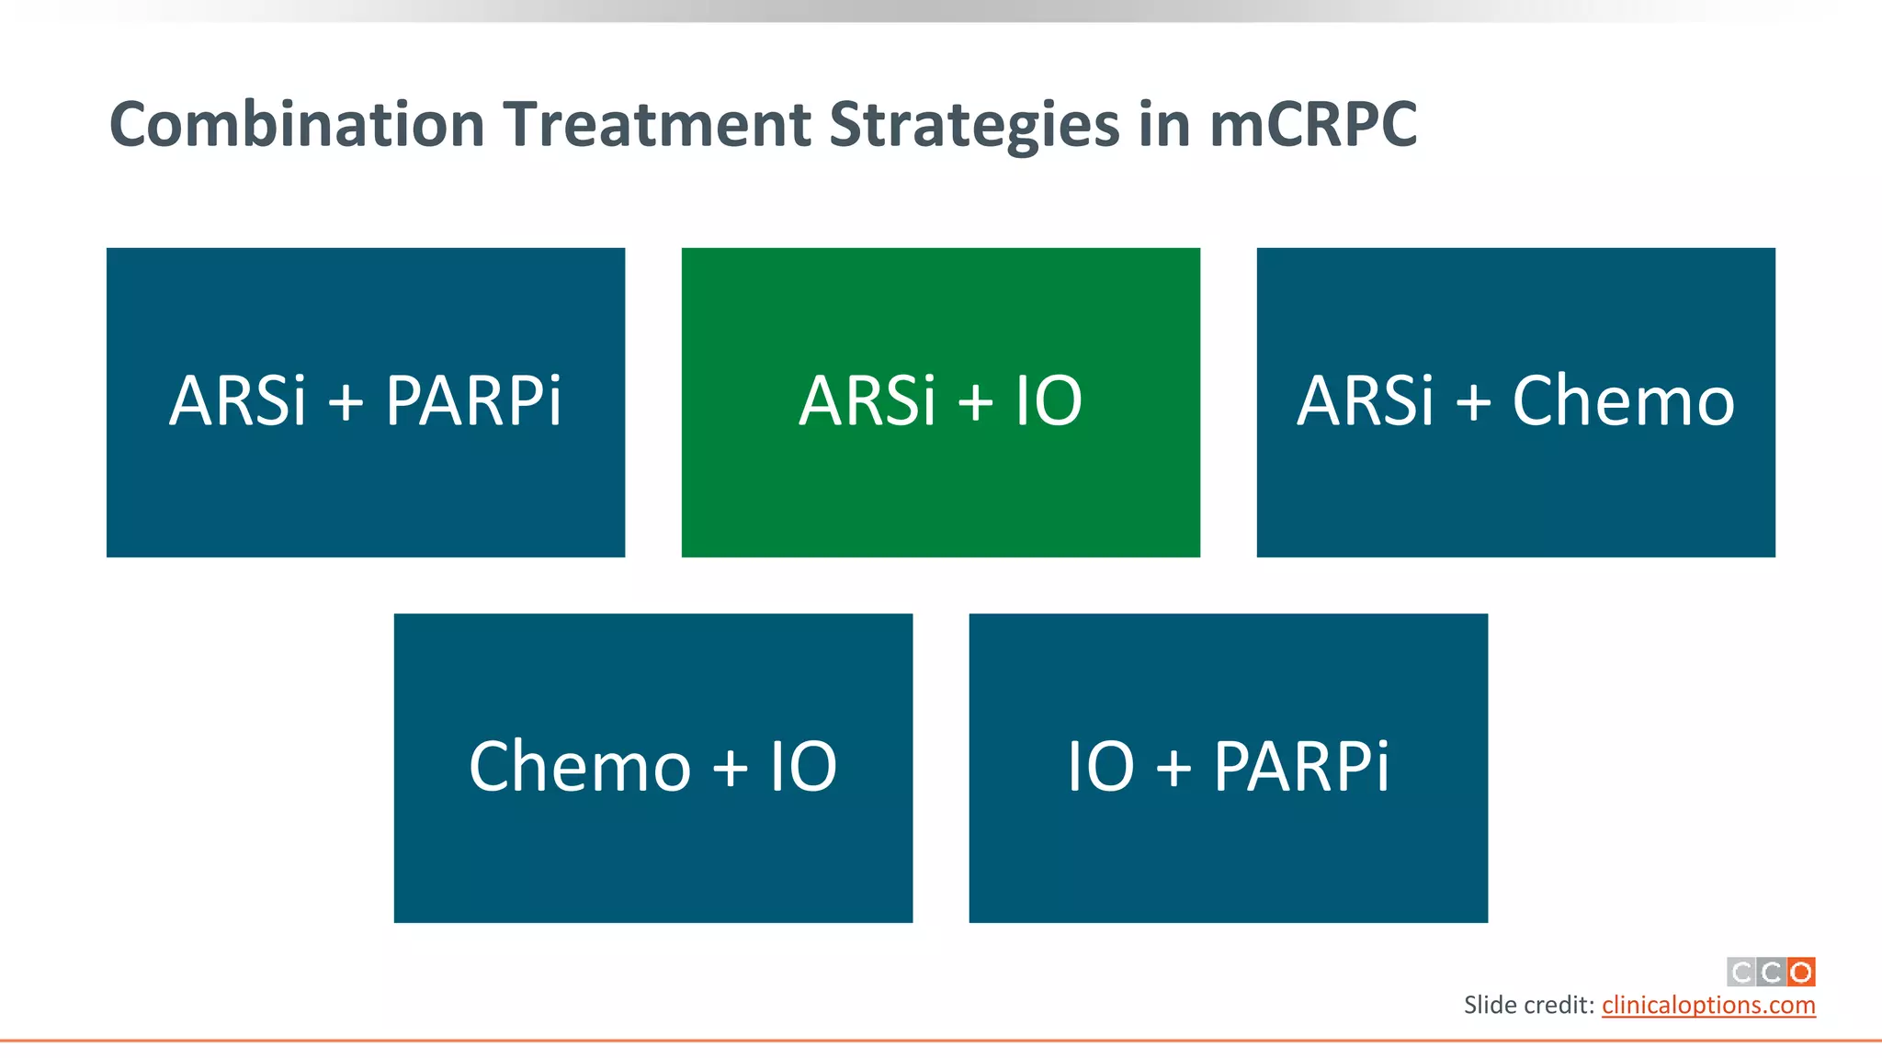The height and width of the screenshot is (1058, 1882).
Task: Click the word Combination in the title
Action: click(x=296, y=125)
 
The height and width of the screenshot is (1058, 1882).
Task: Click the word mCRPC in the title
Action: click(x=1313, y=125)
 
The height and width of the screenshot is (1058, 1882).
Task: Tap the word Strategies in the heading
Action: click(x=974, y=125)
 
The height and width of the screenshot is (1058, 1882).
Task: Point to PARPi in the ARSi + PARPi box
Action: click(x=473, y=401)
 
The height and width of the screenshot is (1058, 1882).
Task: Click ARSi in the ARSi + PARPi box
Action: click(x=237, y=401)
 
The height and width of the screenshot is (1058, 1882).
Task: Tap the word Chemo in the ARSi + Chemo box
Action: click(x=1623, y=401)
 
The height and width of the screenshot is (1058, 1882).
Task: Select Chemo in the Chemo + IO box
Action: click(x=579, y=767)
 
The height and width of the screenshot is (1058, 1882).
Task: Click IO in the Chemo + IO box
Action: click(x=803, y=767)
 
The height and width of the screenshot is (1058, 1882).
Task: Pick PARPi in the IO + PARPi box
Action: click(x=1301, y=767)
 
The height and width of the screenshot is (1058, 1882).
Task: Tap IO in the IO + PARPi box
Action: click(x=1100, y=767)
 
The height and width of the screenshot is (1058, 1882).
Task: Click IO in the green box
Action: click(x=1049, y=401)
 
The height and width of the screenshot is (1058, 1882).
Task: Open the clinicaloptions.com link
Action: click(x=1707, y=1005)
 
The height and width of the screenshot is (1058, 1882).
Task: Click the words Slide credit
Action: click(x=1527, y=1005)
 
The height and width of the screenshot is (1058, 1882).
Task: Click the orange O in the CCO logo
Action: click(x=1801, y=972)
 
